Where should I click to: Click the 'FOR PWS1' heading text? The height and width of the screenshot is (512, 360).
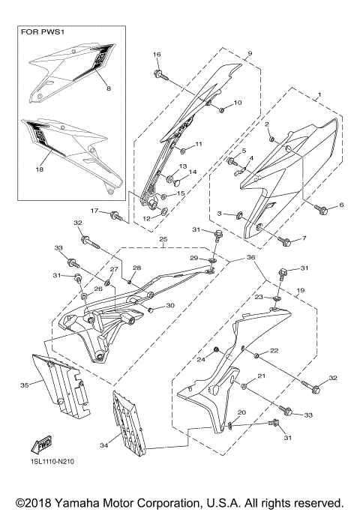43,34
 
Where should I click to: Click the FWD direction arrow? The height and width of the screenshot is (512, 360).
44,445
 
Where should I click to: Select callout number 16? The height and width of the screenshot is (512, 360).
157,55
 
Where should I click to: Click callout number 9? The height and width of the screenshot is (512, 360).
250,54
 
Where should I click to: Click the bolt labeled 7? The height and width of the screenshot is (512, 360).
285,241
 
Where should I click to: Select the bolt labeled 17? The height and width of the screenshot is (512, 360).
116,216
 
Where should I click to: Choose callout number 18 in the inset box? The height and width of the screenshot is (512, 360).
40,170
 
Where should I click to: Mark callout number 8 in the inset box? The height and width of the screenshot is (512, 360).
108,88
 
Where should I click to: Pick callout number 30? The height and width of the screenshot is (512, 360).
170,305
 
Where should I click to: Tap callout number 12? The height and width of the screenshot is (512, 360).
146,218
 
